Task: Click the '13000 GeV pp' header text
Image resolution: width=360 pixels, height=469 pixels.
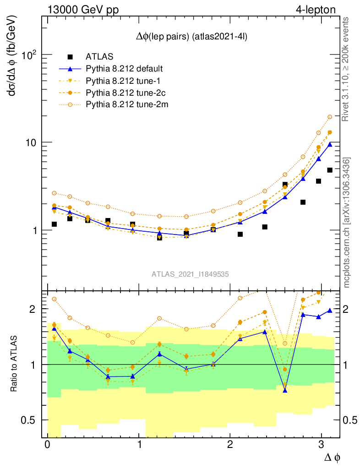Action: [82, 9]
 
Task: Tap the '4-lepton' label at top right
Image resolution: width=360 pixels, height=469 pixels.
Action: [316, 9]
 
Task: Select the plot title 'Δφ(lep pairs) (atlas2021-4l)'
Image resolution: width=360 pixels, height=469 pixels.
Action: [192, 37]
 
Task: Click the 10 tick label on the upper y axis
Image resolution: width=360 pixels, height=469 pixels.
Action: [32, 142]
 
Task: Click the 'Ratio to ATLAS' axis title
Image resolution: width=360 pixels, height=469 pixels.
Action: [14, 365]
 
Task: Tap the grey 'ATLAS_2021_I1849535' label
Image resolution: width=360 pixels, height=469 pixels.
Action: [190, 274]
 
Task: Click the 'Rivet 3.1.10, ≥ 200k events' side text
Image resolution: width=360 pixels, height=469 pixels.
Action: [346, 69]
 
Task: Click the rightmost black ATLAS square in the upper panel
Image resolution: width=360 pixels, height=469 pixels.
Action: [329, 170]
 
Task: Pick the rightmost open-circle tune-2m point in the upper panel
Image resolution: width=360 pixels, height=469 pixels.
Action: [329, 117]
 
